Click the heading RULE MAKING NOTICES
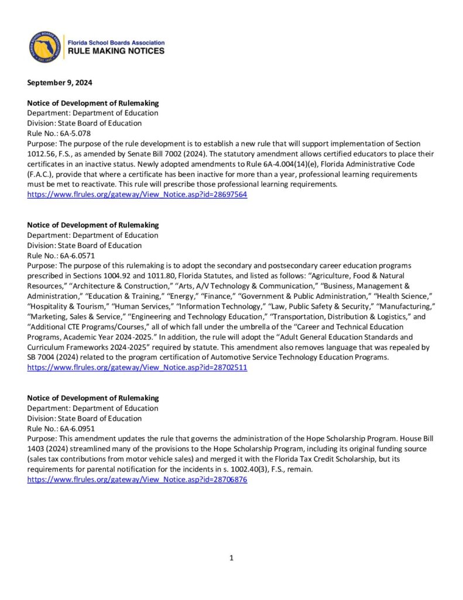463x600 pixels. pos(116,52)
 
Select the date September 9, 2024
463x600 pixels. pos(60,83)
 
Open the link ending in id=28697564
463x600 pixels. pos(138,195)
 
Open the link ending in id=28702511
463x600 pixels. pos(138,367)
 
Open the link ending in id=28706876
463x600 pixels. pos(138,479)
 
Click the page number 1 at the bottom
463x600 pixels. pos(232,558)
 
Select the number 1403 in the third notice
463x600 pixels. pos(37,449)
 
